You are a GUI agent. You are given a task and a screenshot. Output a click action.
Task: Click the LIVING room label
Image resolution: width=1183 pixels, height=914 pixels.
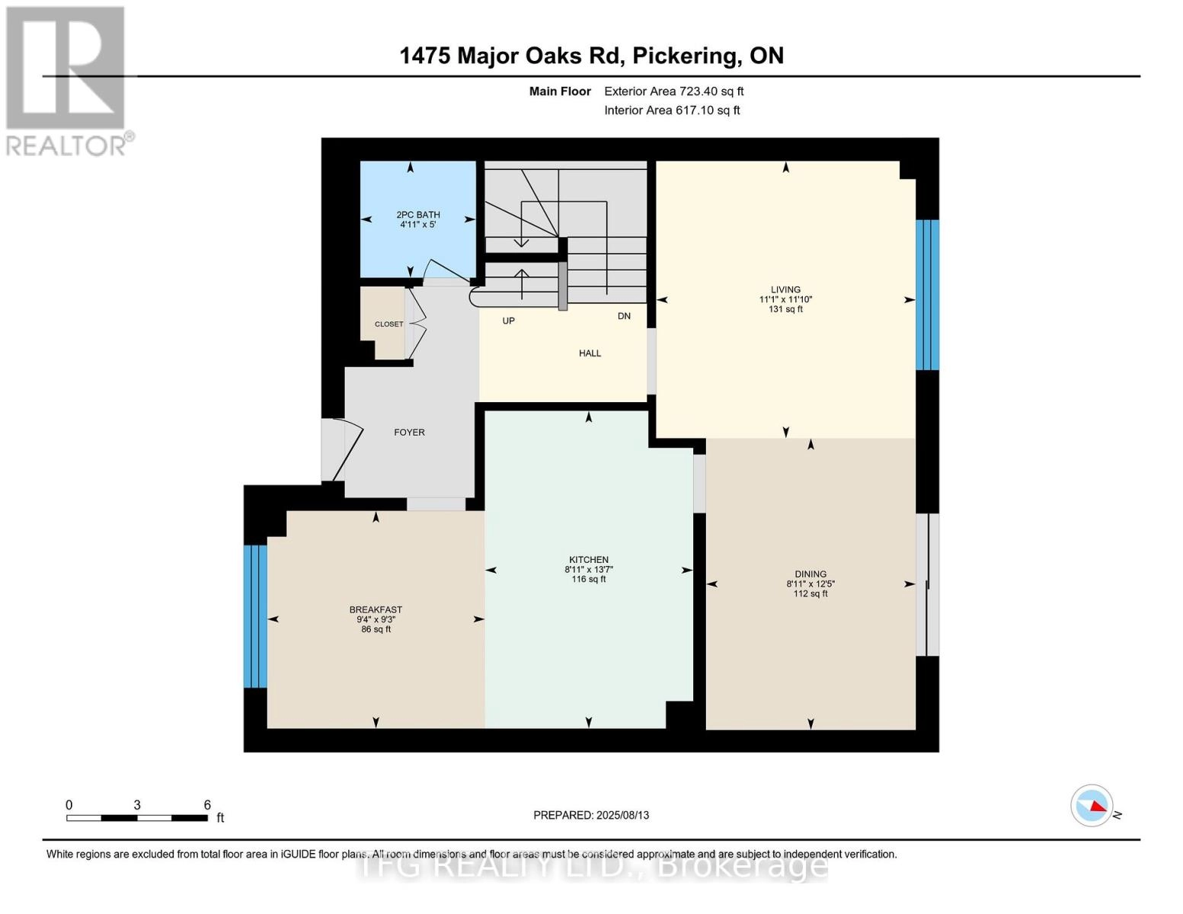point(785,289)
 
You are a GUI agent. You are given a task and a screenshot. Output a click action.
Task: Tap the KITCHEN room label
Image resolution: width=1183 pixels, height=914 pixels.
point(589,560)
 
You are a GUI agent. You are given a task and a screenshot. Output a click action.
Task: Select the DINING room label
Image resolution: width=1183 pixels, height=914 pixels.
point(811,574)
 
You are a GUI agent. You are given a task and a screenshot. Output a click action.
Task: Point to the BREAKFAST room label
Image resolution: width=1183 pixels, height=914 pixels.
point(376,609)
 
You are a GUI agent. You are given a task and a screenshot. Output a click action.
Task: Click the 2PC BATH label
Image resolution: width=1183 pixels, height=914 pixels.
point(418,215)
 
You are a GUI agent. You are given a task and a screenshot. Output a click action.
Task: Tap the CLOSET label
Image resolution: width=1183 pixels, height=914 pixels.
point(388,324)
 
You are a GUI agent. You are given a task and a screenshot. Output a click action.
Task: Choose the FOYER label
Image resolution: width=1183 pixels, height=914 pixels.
point(409,432)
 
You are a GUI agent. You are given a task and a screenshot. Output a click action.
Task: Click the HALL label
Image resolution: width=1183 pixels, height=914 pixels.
point(590,353)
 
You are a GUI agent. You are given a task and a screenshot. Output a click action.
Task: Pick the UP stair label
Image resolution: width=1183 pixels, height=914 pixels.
point(509,321)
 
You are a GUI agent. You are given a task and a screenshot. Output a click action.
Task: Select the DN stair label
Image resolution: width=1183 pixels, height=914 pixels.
point(624,316)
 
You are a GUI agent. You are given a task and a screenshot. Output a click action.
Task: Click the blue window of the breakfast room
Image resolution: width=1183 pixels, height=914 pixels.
point(255,616)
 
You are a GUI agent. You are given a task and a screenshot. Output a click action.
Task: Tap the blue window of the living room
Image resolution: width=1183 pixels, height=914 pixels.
point(927,295)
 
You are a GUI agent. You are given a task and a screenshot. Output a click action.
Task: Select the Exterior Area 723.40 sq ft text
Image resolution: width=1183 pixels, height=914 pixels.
point(674,91)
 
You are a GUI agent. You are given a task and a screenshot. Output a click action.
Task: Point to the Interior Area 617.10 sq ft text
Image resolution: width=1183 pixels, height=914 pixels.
point(673,110)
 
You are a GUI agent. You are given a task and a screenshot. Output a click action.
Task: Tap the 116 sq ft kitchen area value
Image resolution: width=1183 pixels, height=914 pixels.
point(589,579)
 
